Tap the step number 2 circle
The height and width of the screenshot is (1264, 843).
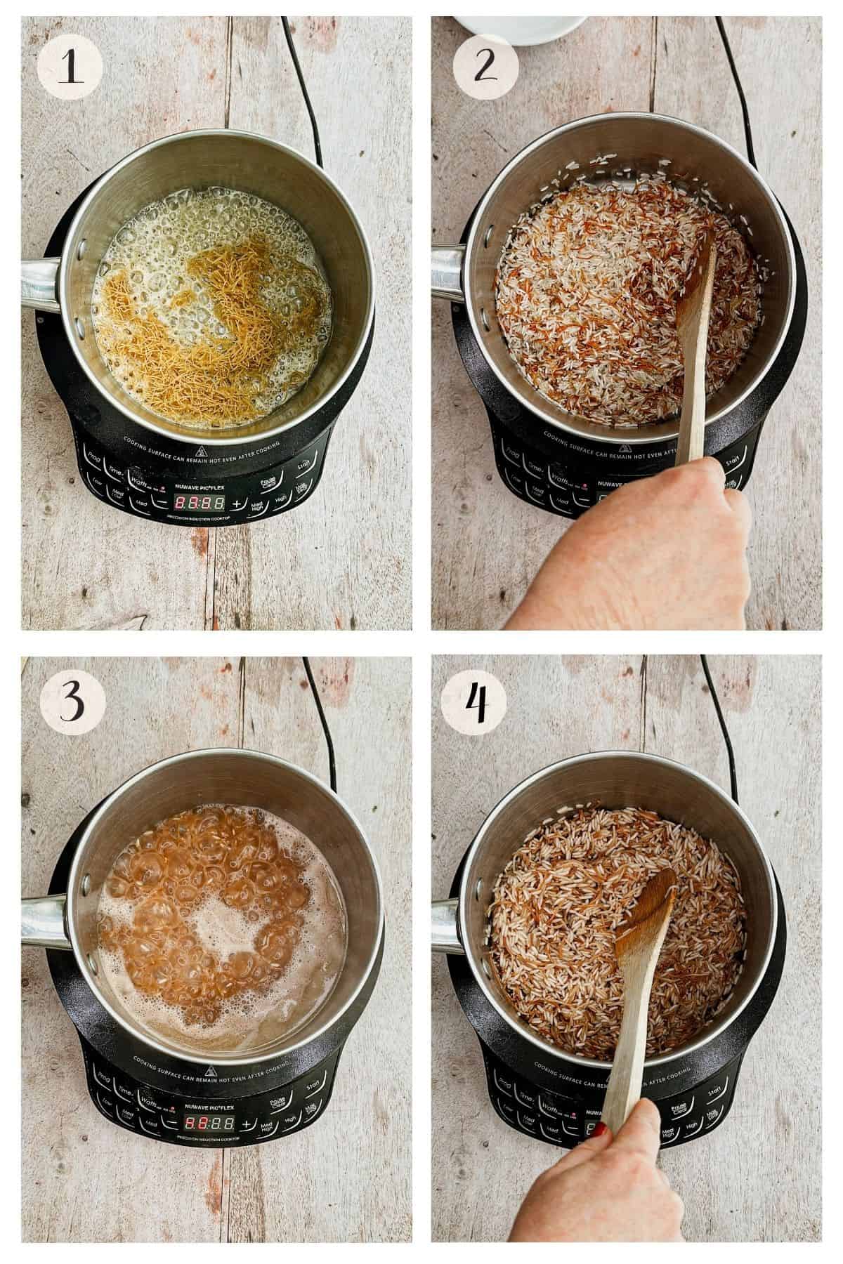(485, 70)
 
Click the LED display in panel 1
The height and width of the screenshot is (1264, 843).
(200, 503)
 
